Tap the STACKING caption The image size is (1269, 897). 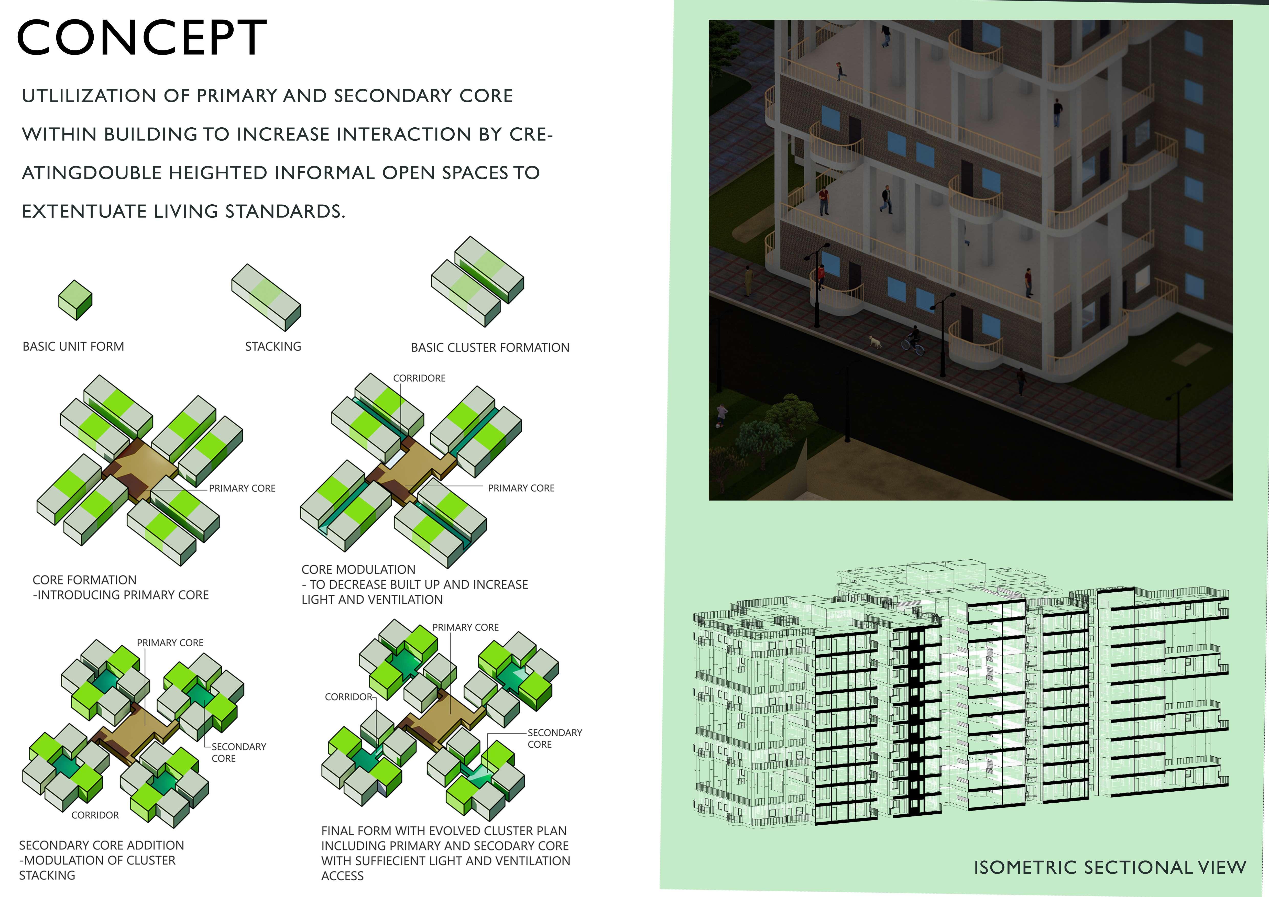click(x=273, y=347)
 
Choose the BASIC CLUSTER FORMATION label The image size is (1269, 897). click(x=490, y=348)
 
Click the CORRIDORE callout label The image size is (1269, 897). click(x=419, y=378)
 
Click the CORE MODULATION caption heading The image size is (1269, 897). click(x=358, y=570)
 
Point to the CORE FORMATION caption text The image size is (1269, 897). click(x=85, y=580)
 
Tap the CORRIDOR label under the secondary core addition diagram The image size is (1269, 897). click(x=95, y=815)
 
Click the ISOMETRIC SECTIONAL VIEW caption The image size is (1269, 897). click(x=1110, y=867)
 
